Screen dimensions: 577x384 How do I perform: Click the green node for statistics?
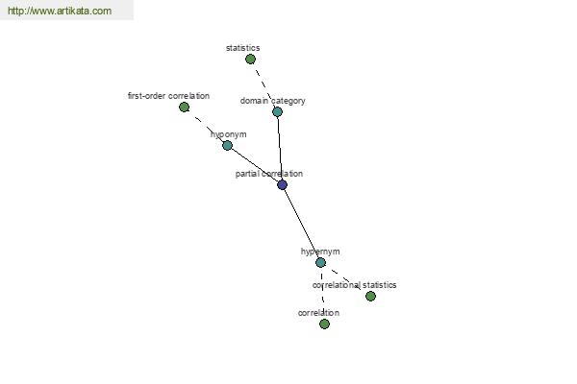[x=250, y=59]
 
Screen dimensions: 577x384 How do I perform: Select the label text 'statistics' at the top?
[x=243, y=48]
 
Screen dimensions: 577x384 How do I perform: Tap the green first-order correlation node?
[x=184, y=107]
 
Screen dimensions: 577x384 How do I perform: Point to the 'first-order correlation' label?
[x=168, y=96]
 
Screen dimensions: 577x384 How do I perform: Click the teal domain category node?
[x=278, y=111]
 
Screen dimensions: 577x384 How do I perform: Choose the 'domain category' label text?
[x=273, y=101]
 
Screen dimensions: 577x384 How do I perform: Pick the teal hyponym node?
[x=227, y=146]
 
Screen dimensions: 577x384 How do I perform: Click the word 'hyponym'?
[x=229, y=134]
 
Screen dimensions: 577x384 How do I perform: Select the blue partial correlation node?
[x=282, y=184]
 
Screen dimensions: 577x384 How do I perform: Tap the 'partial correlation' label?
[x=269, y=174]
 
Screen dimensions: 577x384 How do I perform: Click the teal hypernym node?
[x=320, y=262]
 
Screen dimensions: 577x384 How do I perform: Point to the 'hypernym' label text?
[x=320, y=252]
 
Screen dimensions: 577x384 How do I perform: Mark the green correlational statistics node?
[x=370, y=296]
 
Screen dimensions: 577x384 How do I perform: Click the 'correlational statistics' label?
[x=354, y=285]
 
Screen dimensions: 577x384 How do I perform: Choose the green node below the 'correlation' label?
[x=324, y=324]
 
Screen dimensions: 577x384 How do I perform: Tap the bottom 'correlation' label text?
[x=318, y=313]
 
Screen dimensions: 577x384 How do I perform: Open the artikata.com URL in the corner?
[x=60, y=11]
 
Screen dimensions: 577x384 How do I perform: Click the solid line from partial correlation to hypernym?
[x=301, y=224]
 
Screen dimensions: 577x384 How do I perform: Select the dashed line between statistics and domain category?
[x=263, y=85]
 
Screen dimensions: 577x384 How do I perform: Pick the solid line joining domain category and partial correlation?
[x=280, y=148]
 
